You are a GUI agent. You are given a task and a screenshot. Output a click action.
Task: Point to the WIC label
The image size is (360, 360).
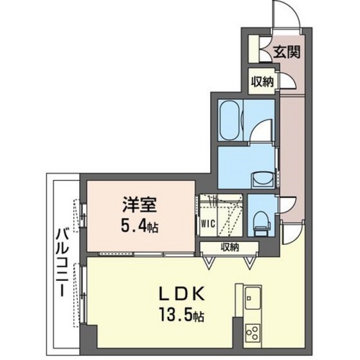click(206, 224)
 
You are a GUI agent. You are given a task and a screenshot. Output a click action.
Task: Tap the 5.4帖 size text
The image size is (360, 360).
click(141, 226)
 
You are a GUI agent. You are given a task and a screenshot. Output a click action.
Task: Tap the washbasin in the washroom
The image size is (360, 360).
click(262, 175)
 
